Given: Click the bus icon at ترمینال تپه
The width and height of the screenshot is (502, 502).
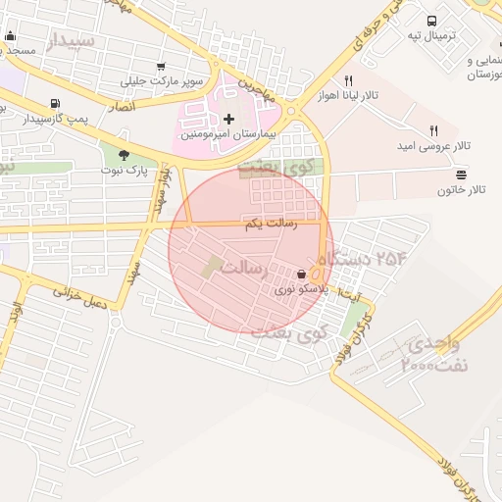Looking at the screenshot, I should (x=431, y=21).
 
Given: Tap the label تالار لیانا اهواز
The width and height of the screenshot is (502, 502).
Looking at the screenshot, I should (x=347, y=98).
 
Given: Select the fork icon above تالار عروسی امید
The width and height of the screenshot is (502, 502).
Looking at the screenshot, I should (x=432, y=130).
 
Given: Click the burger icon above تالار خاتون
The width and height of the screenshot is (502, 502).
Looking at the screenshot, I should (x=462, y=174).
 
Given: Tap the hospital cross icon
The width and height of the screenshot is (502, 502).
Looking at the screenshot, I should (x=229, y=119).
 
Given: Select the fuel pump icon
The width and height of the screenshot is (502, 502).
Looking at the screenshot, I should (x=53, y=103).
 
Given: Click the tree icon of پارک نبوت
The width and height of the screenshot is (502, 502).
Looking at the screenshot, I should (x=124, y=154).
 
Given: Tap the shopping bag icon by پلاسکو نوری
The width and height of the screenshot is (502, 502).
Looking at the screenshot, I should (x=300, y=276).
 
